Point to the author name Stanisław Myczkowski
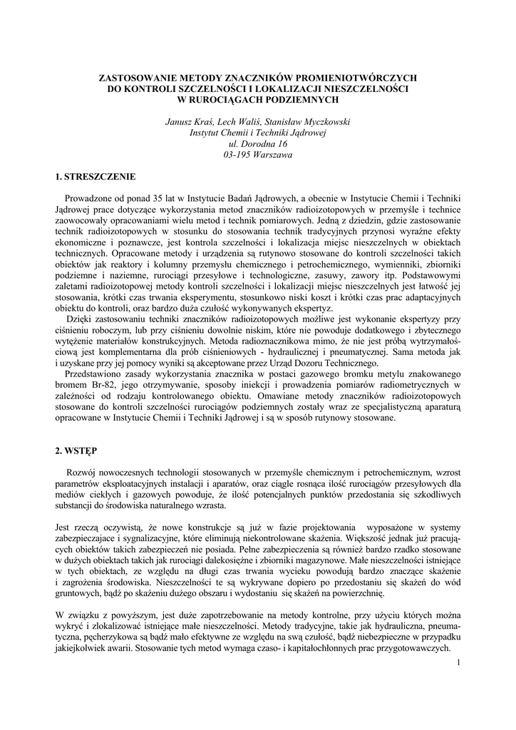(x=311, y=122)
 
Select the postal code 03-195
(x=238, y=154)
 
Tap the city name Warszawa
(x=273, y=154)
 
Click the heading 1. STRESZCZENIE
(x=95, y=175)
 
